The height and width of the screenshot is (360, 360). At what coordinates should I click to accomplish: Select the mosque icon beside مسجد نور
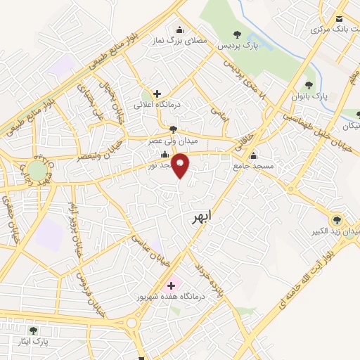tap(165, 155)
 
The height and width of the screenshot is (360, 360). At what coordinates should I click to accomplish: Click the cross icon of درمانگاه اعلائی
tap(157, 94)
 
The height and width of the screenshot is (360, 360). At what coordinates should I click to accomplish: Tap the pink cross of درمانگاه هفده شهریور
tap(169, 285)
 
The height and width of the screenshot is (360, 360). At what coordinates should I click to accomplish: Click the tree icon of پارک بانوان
tap(309, 85)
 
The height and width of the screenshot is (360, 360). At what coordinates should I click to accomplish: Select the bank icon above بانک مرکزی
tap(340, 20)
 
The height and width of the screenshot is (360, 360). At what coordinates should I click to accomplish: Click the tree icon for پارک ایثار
tap(33, 330)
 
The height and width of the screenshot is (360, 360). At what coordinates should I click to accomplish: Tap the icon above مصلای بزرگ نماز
tap(179, 30)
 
